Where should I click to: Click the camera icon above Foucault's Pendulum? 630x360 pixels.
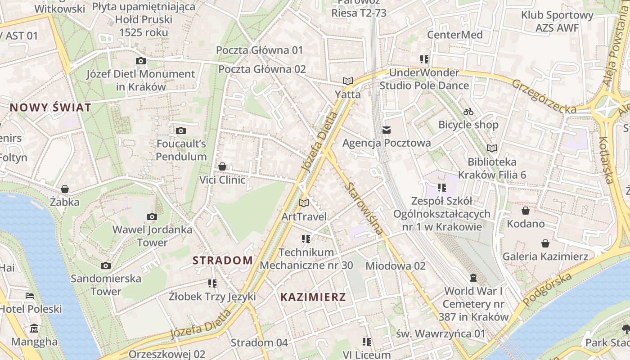click(180, 130)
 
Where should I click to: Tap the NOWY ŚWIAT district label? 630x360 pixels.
click(50, 108)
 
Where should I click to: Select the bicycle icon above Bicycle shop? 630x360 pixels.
click(468, 112)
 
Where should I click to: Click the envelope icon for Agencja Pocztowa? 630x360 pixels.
click(386, 130)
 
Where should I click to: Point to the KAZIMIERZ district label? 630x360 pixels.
click(313, 297)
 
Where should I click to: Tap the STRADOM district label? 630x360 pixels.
click(223, 260)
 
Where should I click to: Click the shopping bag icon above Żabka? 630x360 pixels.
click(65, 189)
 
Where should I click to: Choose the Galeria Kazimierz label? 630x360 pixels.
click(545, 256)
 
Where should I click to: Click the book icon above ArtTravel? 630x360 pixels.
click(304, 203)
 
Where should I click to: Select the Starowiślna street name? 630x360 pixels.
click(364, 203)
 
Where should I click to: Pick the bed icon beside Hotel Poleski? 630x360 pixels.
click(30, 296)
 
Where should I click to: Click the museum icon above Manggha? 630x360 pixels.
click(34, 328)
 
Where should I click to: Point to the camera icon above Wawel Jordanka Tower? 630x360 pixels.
click(152, 216)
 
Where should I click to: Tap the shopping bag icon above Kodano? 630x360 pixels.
click(525, 211)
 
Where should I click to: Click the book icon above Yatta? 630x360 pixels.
click(347, 81)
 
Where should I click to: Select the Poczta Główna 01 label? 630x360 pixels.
click(260, 50)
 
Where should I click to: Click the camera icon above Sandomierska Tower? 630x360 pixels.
click(106, 265)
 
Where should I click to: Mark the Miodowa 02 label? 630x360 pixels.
click(395, 266)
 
